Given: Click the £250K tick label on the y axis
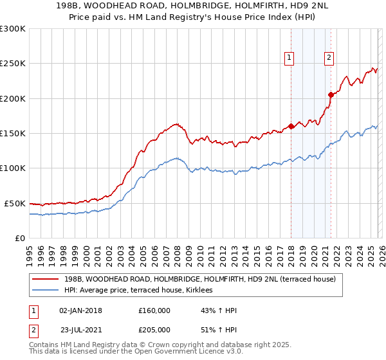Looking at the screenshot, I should click(13, 64).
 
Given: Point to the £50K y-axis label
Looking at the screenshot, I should click(15, 203).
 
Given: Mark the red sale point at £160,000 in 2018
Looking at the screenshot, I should click(291, 126).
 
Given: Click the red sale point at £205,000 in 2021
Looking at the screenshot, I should click(331, 94).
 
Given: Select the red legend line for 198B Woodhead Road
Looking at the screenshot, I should click(46, 280).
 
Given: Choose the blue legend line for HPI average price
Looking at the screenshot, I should click(46, 291).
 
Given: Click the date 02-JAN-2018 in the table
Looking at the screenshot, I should click(80, 310).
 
